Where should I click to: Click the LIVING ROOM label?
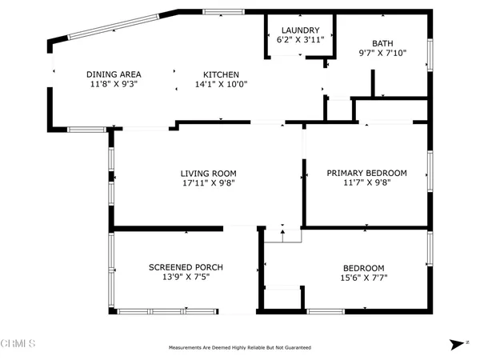click(206, 173)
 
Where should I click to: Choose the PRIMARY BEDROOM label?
click(366, 173)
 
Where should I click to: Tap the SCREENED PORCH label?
click(186, 267)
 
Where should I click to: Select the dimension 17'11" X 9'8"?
click(206, 182)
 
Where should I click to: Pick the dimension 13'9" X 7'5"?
click(186, 277)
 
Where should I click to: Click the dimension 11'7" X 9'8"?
click(366, 182)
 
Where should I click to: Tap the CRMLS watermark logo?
click(18, 344)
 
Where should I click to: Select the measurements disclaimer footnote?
click(239, 348)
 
